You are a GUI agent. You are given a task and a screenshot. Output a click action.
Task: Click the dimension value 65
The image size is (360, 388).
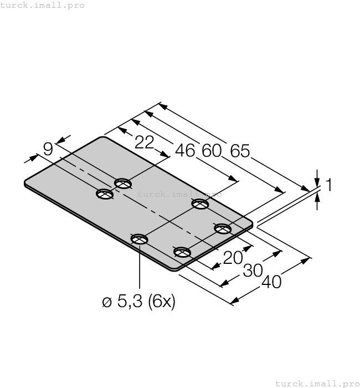point(240,151)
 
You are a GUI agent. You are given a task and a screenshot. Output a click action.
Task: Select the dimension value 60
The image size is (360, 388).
point(211,151)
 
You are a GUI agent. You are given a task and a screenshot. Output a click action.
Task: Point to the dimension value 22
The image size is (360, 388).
point(144,142)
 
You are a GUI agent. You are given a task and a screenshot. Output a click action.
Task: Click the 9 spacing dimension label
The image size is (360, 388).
point(48,149)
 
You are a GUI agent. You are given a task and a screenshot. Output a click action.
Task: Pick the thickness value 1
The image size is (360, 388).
point(328,185)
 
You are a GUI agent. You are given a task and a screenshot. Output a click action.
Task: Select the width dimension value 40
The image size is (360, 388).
point(271,282)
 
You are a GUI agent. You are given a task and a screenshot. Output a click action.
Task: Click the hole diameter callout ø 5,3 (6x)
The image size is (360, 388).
point(139,302)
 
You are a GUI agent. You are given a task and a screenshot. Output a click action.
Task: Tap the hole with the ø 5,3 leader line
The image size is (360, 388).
point(139,239)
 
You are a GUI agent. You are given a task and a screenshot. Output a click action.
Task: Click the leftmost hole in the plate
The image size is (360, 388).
point(105,193)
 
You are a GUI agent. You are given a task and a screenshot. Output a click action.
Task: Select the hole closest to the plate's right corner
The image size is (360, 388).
point(223,228)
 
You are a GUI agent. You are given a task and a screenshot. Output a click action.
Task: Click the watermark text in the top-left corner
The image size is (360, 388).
point(43,5)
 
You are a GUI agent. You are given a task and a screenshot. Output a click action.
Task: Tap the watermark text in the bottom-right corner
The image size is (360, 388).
point(317,383)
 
